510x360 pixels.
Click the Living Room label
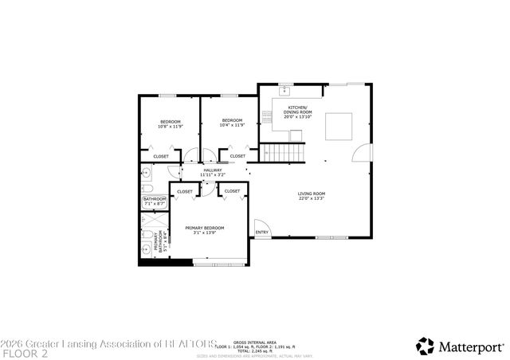pyautogui.click(x=312, y=196)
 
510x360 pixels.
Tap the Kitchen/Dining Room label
pyautogui.click(x=297, y=110)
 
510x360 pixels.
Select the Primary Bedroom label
pyautogui.click(x=205, y=230)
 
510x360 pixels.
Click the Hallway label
pyautogui.click(x=213, y=172)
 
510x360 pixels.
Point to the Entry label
pyautogui.click(x=261, y=233)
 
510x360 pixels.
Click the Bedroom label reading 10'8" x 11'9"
pyautogui.click(x=170, y=123)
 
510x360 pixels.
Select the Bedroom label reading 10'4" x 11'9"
pyautogui.click(x=231, y=123)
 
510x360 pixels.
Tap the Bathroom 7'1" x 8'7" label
pyautogui.click(x=155, y=202)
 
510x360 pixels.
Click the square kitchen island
pyautogui.click(x=339, y=126)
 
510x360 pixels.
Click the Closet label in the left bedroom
pyautogui.click(x=160, y=156)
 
